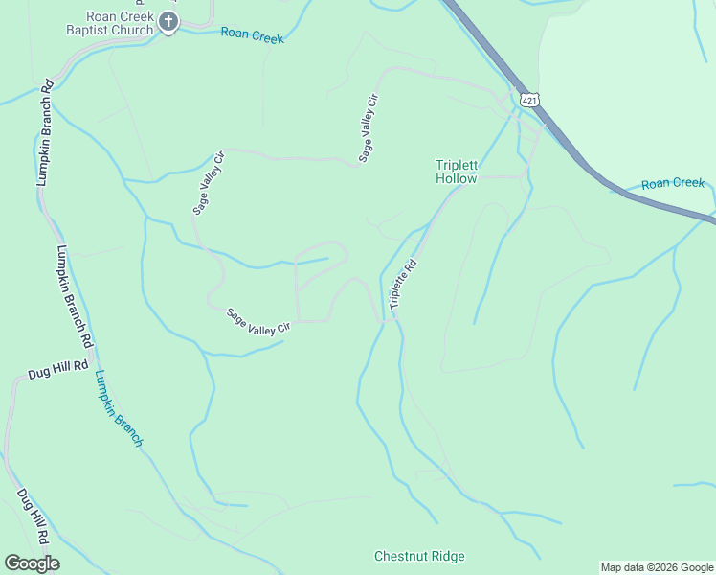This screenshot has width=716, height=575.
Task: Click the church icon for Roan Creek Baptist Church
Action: point(168,22)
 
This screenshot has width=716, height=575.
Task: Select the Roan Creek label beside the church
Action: point(253,35)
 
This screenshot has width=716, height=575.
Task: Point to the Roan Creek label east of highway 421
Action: point(672,183)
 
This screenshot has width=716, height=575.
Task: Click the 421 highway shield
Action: point(528,100)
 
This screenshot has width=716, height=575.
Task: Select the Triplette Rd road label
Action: point(404,284)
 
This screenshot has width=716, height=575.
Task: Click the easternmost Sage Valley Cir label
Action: point(368,127)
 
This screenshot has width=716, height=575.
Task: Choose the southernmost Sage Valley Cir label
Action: point(257,322)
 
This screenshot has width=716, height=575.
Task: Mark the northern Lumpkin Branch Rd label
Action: point(44,135)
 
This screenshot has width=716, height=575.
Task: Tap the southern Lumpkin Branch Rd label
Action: point(74,296)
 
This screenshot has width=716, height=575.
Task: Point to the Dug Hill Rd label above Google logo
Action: point(33,520)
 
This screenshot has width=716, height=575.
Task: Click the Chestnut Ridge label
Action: point(419,557)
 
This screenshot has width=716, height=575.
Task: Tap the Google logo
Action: point(32,563)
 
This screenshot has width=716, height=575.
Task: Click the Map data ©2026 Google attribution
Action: point(657,567)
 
